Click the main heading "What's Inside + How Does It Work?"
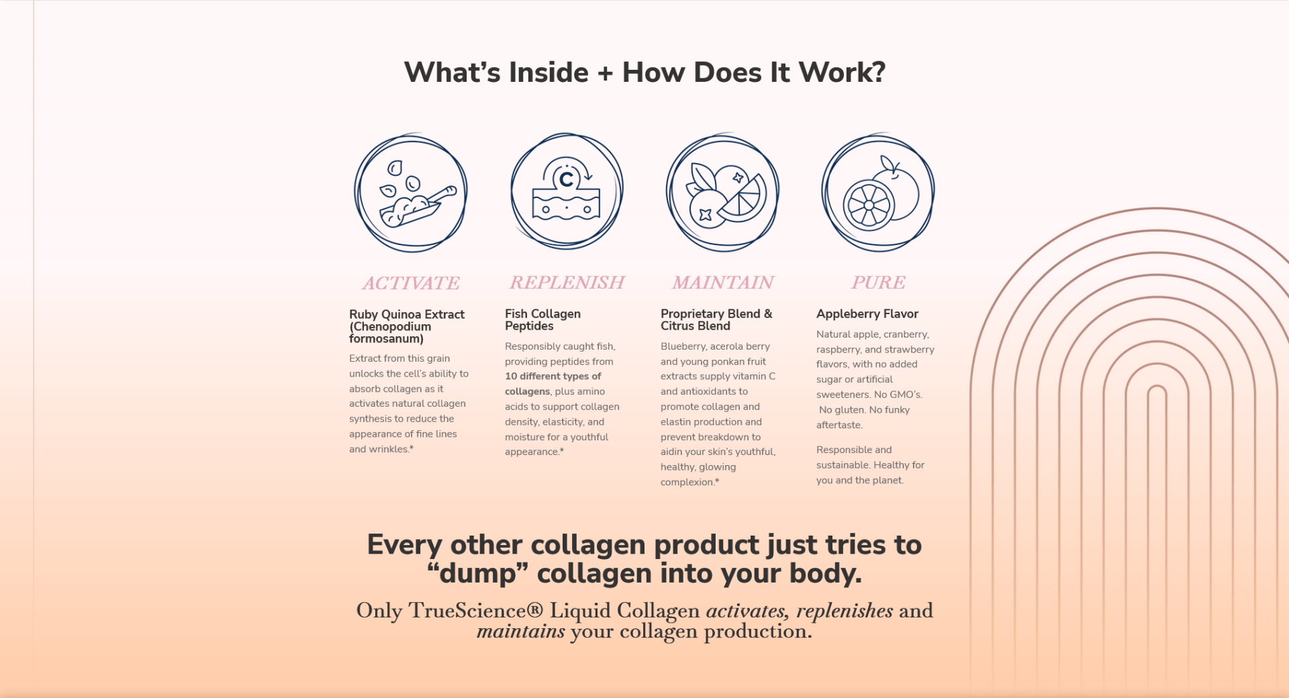click(644, 72)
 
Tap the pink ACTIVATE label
click(411, 283)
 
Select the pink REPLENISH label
click(567, 283)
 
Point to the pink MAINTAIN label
click(723, 283)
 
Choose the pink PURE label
click(878, 283)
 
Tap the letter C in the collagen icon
click(567, 179)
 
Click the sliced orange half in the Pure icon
click(869, 205)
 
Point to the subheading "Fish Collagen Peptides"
click(542, 319)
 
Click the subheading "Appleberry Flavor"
click(867, 313)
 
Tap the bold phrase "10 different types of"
click(553, 376)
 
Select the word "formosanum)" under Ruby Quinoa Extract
click(386, 339)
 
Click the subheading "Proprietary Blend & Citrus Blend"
click(716, 319)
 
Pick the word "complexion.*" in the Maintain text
click(689, 483)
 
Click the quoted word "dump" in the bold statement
click(477, 574)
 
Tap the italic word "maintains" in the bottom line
click(521, 632)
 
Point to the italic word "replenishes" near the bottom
click(845, 611)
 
